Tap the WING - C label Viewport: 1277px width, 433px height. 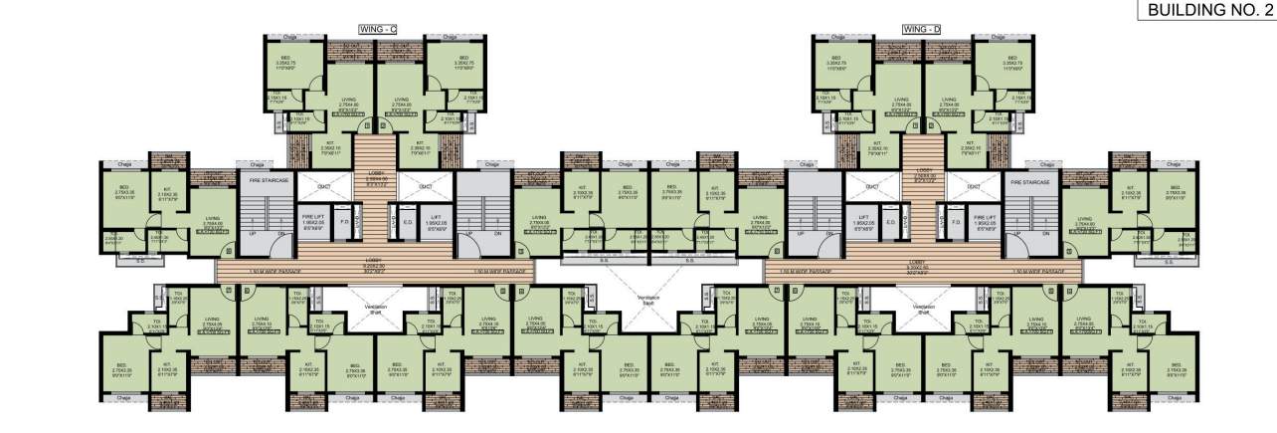point(377,29)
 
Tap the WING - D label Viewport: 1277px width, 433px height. point(921,29)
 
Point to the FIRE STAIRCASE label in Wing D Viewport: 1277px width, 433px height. point(1030,182)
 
